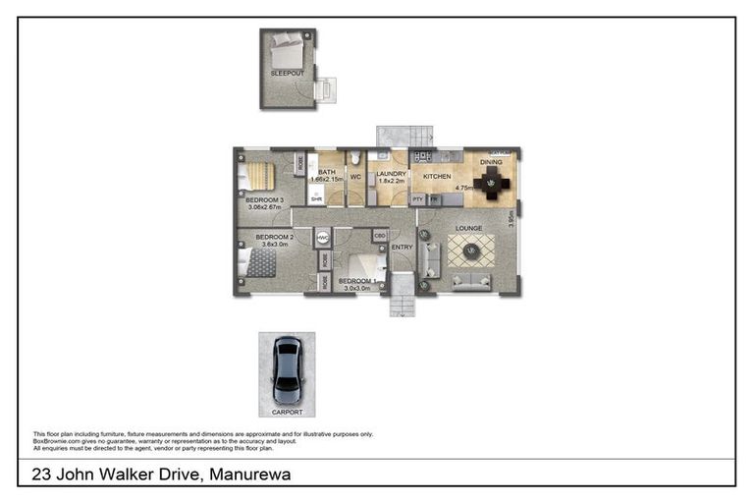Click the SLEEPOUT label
[288, 74]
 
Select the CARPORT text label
[287, 412]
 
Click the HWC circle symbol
[322, 238]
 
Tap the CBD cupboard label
[379, 237]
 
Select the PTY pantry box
[417, 199]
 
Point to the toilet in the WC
[356, 159]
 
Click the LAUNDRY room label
[392, 173]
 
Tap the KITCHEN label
[437, 177]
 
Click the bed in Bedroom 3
[258, 176]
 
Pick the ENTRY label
[402, 248]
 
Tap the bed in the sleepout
[289, 46]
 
